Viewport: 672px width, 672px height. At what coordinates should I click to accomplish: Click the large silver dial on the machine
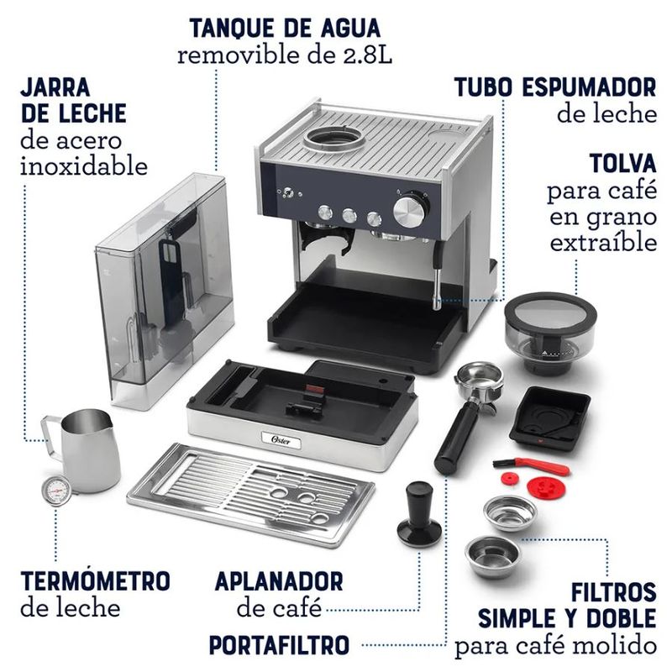coord(410,208)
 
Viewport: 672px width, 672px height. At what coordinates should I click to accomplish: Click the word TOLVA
coord(622,161)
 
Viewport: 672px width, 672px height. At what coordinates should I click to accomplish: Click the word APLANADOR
coord(278,580)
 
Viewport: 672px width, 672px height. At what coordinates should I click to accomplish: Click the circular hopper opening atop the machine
coord(333,139)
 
